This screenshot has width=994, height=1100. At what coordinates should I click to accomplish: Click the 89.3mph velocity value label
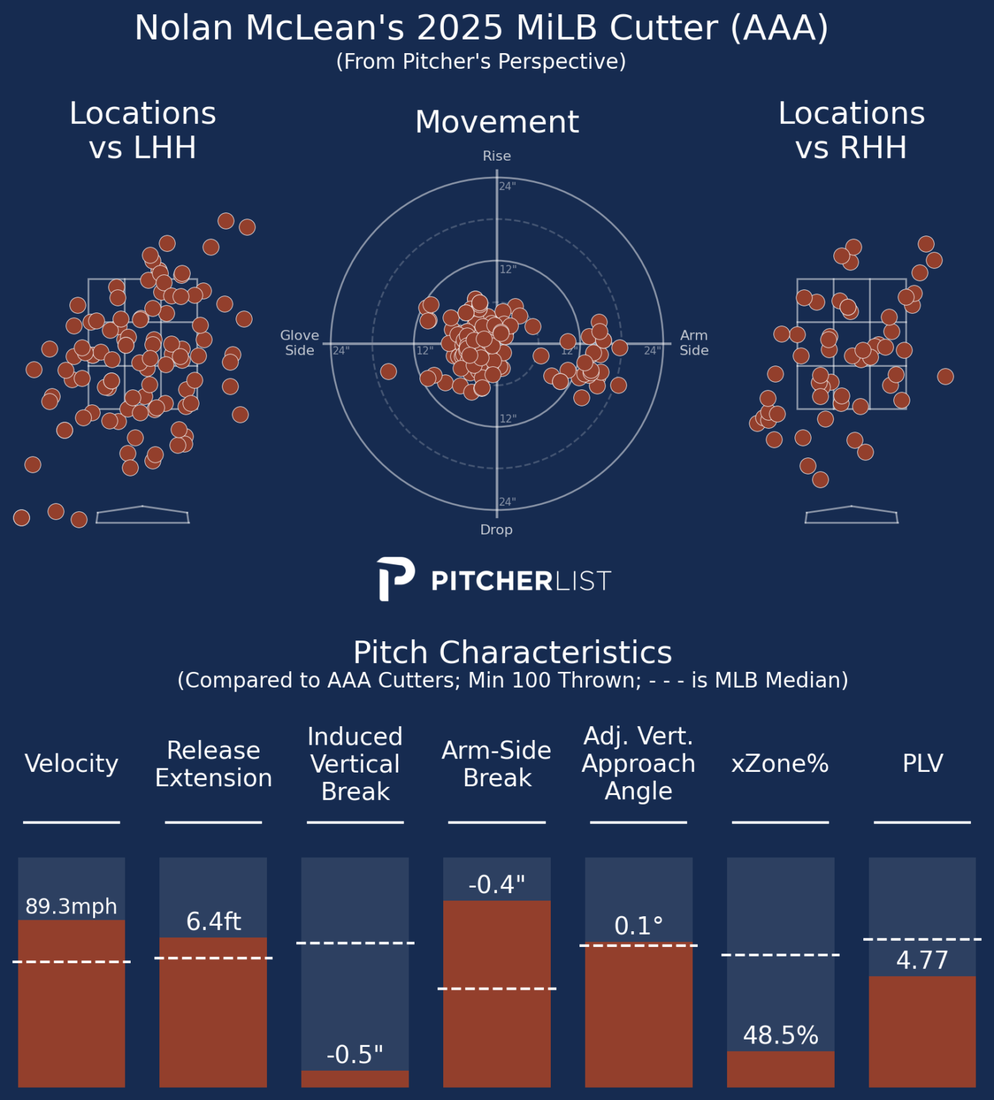click(71, 907)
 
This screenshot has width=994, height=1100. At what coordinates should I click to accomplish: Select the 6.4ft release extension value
click(214, 922)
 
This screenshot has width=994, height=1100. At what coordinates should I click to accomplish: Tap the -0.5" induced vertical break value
click(355, 1054)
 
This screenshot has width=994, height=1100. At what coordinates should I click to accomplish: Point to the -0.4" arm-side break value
click(497, 884)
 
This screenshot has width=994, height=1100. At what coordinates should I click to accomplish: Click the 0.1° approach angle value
click(639, 926)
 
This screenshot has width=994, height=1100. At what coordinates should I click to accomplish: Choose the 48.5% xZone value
click(781, 1035)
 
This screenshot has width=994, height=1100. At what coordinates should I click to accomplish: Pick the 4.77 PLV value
click(923, 960)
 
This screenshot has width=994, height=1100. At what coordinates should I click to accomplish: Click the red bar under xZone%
click(781, 1069)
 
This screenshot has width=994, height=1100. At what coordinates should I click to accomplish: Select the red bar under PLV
click(923, 1031)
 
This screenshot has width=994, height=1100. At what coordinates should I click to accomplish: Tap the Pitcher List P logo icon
click(396, 579)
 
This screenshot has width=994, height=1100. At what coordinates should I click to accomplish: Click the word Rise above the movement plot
click(497, 156)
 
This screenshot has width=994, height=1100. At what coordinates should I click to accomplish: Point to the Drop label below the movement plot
click(496, 530)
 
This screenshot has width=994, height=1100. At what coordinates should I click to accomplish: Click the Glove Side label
click(300, 343)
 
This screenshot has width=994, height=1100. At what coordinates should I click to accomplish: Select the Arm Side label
click(694, 343)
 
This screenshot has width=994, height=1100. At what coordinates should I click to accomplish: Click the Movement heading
click(497, 122)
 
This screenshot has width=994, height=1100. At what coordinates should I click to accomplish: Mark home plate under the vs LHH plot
click(142, 515)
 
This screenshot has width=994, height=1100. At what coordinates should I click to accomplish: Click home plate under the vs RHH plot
click(852, 515)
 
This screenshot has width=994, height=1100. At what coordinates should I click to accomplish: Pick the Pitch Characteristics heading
click(513, 652)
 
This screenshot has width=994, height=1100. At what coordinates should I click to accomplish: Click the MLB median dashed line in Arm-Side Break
click(497, 988)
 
